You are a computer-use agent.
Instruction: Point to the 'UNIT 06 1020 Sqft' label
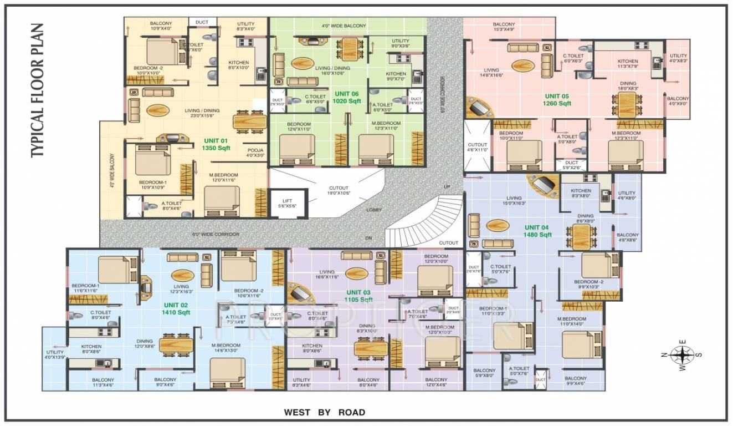tap(346, 98)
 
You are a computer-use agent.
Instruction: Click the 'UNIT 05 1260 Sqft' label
tap(557, 100)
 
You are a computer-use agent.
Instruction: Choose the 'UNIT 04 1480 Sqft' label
tap(538, 231)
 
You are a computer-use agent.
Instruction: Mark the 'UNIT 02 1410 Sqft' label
tap(176, 309)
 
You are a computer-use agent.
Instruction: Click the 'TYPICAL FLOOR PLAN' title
tap(37, 90)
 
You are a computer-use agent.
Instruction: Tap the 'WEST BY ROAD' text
tap(324, 412)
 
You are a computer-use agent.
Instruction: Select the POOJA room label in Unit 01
tap(255, 153)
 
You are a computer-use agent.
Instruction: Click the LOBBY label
tap(374, 210)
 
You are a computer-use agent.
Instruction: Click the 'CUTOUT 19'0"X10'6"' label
tap(339, 190)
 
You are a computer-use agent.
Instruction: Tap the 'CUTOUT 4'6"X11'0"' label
tap(477, 147)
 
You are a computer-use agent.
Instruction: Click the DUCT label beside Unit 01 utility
tap(202, 22)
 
